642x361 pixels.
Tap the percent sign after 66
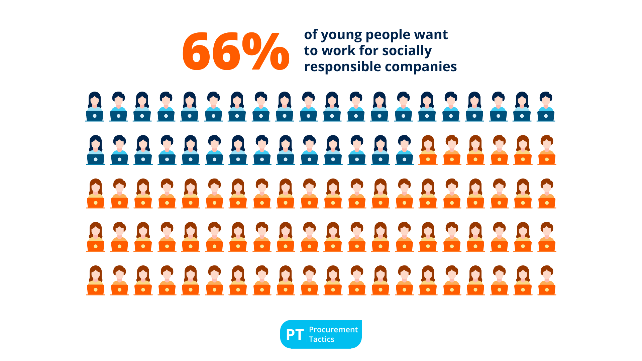(266, 51)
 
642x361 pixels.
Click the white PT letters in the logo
(295, 335)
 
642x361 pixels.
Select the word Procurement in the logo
(333, 330)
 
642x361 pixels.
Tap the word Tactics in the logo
(321, 339)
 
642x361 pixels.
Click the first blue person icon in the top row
(95, 106)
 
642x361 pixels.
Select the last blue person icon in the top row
(546, 106)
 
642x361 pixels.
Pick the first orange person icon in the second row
(428, 149)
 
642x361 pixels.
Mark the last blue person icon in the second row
(404, 149)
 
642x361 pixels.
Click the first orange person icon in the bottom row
(96, 280)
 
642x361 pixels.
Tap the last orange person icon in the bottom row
(547, 280)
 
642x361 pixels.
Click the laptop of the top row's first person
(95, 116)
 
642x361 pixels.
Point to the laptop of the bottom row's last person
(547, 289)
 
